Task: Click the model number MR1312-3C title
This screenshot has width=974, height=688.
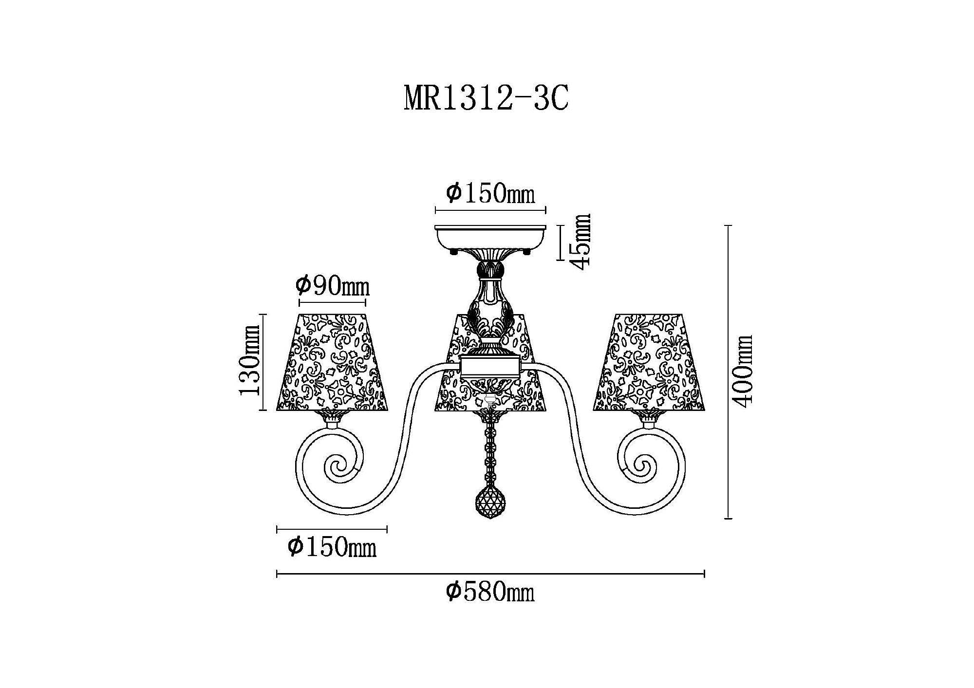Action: [486, 100]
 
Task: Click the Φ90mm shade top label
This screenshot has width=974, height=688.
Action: [333, 286]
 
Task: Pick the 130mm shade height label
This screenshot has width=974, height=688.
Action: [250, 362]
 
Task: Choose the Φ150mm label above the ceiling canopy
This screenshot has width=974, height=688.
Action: [490, 193]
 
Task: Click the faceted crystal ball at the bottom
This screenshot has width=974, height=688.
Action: [490, 502]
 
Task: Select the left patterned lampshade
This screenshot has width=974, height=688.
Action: [332, 362]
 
